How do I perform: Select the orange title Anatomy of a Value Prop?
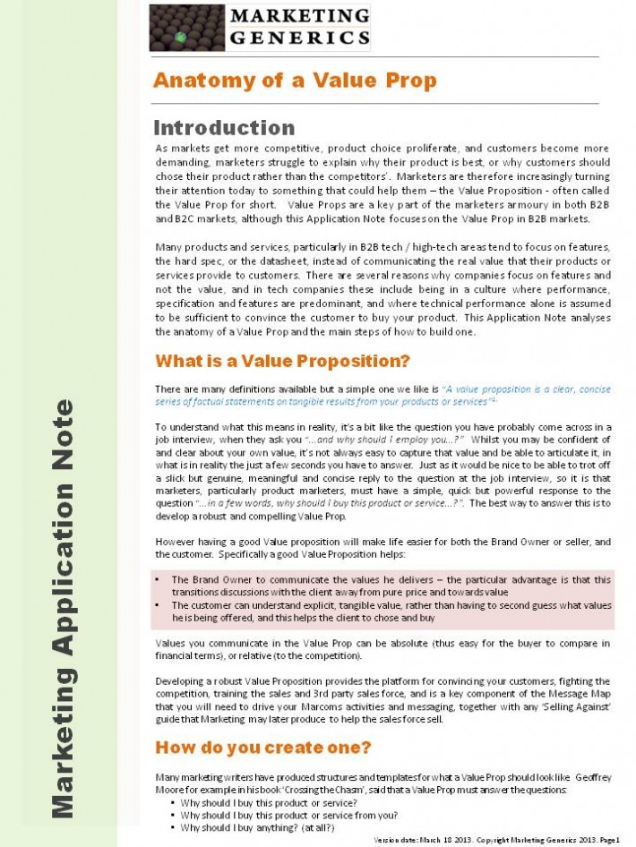click(x=295, y=81)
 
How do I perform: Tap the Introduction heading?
click(x=225, y=128)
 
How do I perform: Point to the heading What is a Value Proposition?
click(x=282, y=362)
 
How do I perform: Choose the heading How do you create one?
click(x=263, y=747)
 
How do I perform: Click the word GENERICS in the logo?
click(x=299, y=38)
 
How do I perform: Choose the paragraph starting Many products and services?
click(x=382, y=288)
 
